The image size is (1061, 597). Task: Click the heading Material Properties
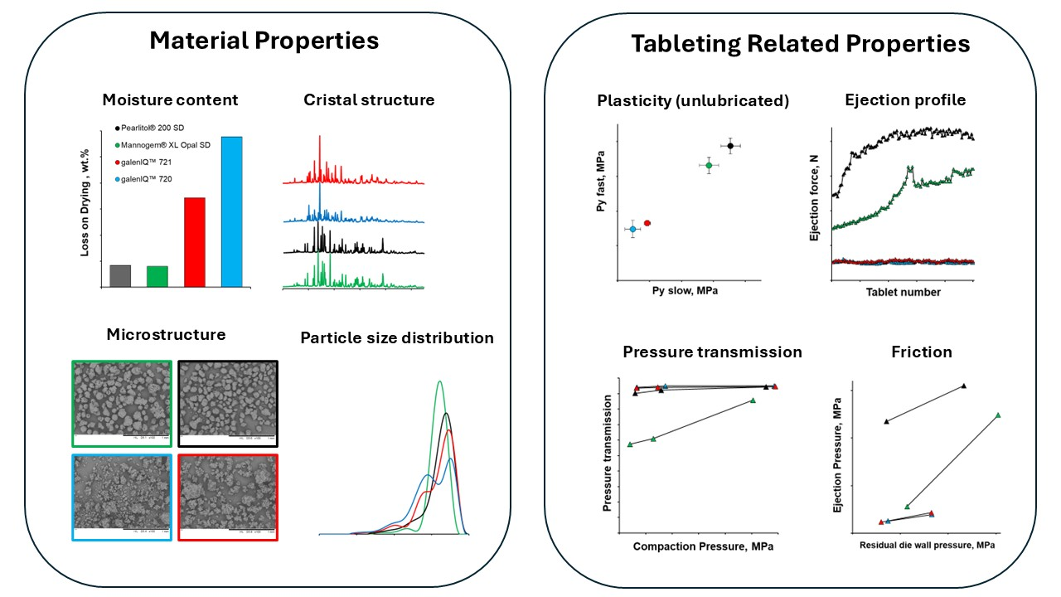264,41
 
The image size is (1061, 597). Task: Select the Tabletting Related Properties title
800,44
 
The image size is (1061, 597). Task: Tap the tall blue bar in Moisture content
232,211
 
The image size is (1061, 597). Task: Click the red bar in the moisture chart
194,242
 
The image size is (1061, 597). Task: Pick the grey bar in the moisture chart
120,276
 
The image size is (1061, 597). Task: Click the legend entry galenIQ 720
156,178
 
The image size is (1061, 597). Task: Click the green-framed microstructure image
122,404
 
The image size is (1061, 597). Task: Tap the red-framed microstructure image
228,497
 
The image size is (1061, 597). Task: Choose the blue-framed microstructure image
122,497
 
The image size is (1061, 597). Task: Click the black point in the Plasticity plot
730,146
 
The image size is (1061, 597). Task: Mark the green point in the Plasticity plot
709,166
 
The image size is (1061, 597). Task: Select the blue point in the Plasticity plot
633,229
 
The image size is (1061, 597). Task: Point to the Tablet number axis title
904,292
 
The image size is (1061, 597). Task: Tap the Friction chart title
921,352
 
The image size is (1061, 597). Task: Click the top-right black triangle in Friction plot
963,386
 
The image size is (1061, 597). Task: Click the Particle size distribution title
397,338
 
